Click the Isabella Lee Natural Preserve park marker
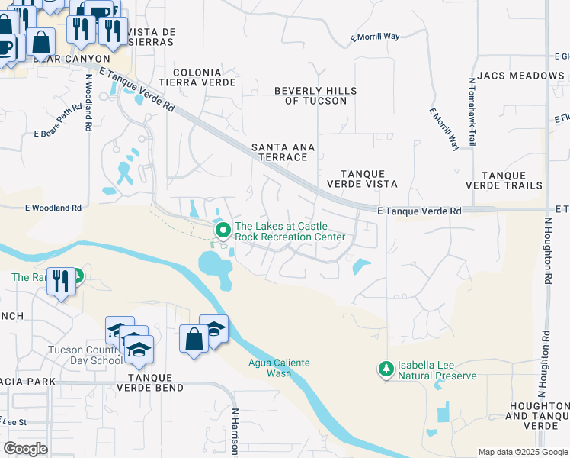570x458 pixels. [386, 370]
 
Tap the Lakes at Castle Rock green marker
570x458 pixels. [223, 230]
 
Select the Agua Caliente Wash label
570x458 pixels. [279, 368]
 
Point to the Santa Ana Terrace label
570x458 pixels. [279, 151]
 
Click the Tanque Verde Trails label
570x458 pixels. [512, 180]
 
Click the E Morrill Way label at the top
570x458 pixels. [375, 37]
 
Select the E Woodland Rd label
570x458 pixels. [53, 208]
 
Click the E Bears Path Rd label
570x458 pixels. [57, 134]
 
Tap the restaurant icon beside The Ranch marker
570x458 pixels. [59, 281]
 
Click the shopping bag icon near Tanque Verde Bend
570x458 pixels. [194, 338]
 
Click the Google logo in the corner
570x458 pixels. [26, 449]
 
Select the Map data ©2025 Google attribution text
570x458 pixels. [522, 452]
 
